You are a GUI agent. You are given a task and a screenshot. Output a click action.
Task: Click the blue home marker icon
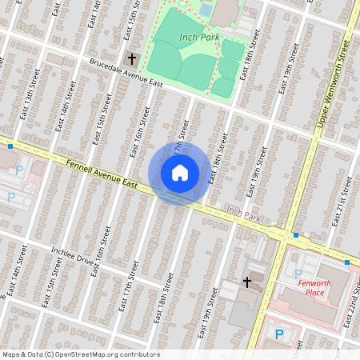click(x=180, y=173)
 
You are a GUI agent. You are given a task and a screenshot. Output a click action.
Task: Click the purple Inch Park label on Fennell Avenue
click(x=242, y=214)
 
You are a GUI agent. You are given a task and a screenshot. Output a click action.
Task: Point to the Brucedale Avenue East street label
click(x=126, y=73)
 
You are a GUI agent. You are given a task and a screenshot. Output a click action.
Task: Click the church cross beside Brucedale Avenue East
click(x=133, y=59)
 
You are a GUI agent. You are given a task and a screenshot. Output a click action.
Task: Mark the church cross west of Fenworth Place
click(x=248, y=282)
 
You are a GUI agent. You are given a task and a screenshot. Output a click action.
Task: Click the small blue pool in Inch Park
click(x=206, y=10)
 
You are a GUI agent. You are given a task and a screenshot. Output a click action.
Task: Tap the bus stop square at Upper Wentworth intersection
click(x=296, y=235)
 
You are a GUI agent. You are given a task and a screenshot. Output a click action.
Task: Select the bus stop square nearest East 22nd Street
click(x=347, y=262)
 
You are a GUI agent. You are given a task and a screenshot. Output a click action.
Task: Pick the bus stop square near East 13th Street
click(x=10, y=146)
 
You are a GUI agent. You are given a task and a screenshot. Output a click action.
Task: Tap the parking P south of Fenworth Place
click(x=279, y=334)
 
